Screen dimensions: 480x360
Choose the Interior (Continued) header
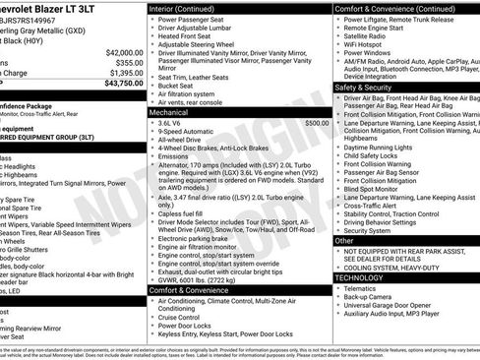[x=190, y=8]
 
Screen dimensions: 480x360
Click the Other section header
[x=345, y=240]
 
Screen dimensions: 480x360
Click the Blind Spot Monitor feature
[x=378, y=192]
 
